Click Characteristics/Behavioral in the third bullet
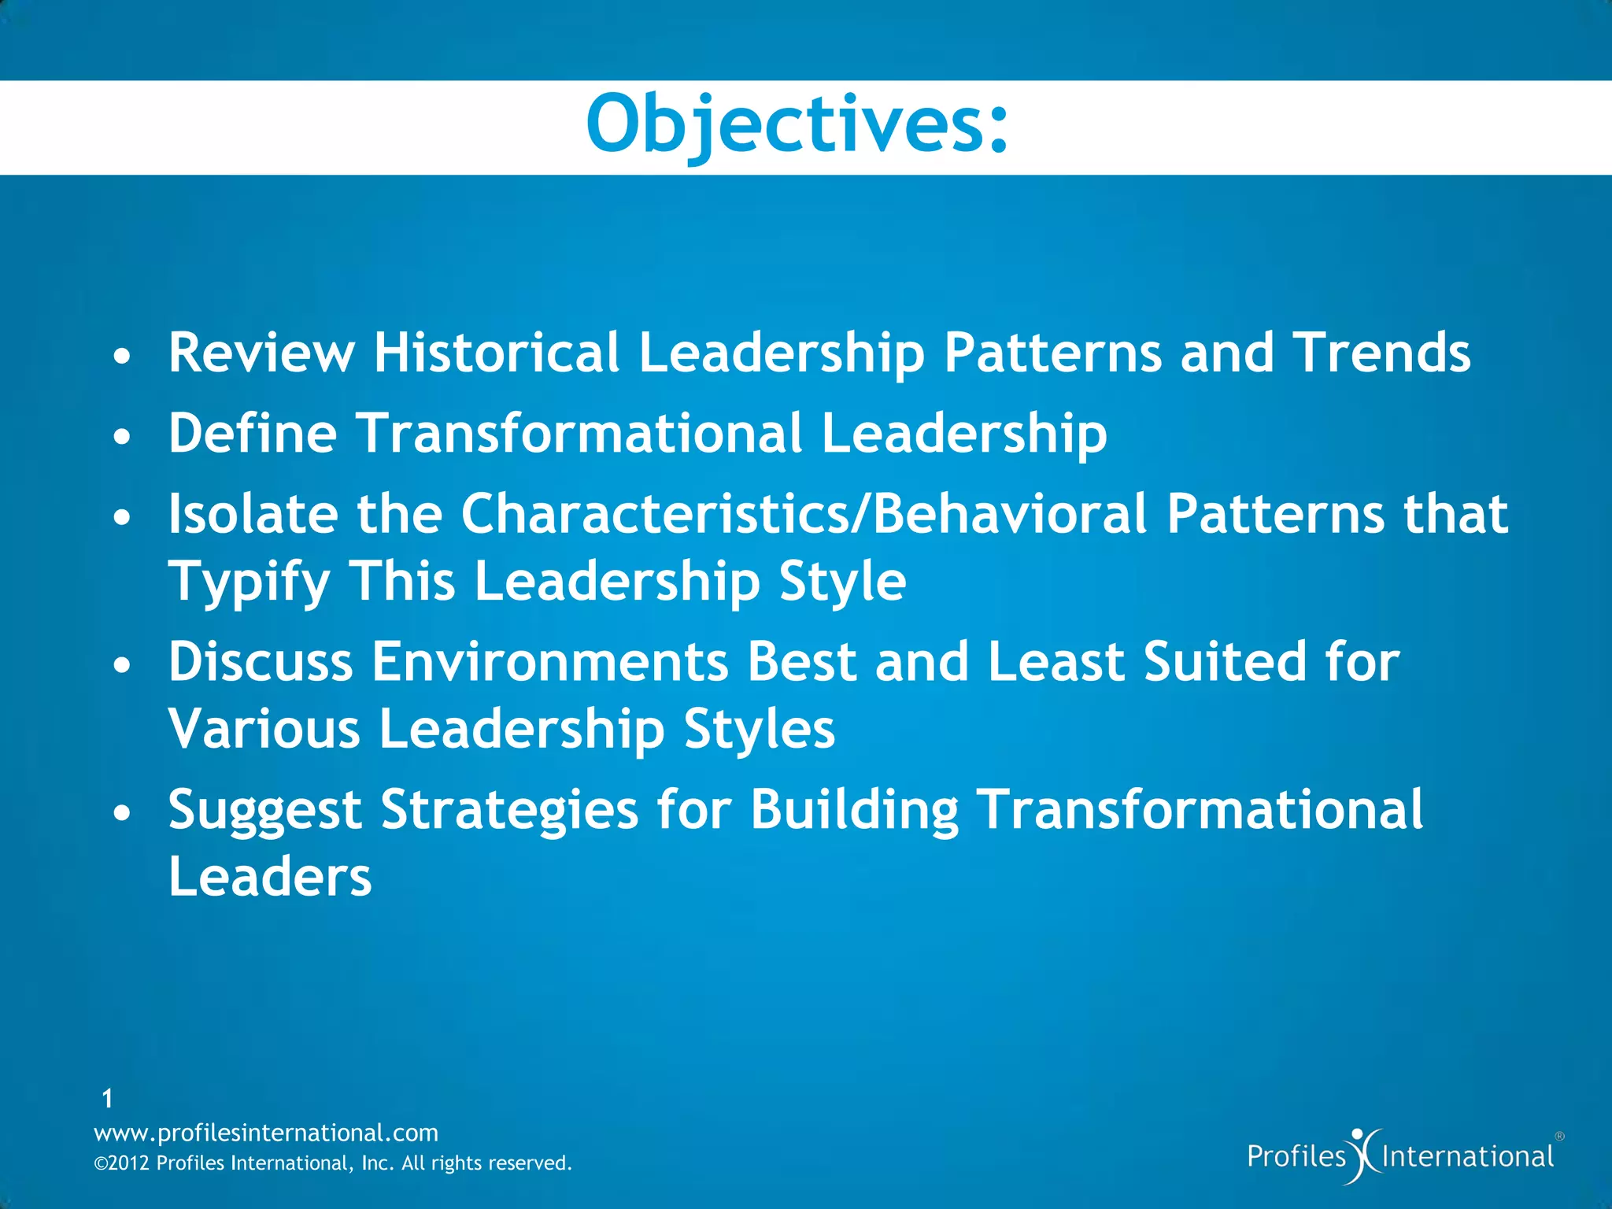(804, 514)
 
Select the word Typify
(249, 582)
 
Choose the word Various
(264, 729)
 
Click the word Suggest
(264, 811)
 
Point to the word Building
(854, 811)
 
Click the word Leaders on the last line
(269, 877)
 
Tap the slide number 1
(108, 1098)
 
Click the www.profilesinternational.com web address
(266, 1133)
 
